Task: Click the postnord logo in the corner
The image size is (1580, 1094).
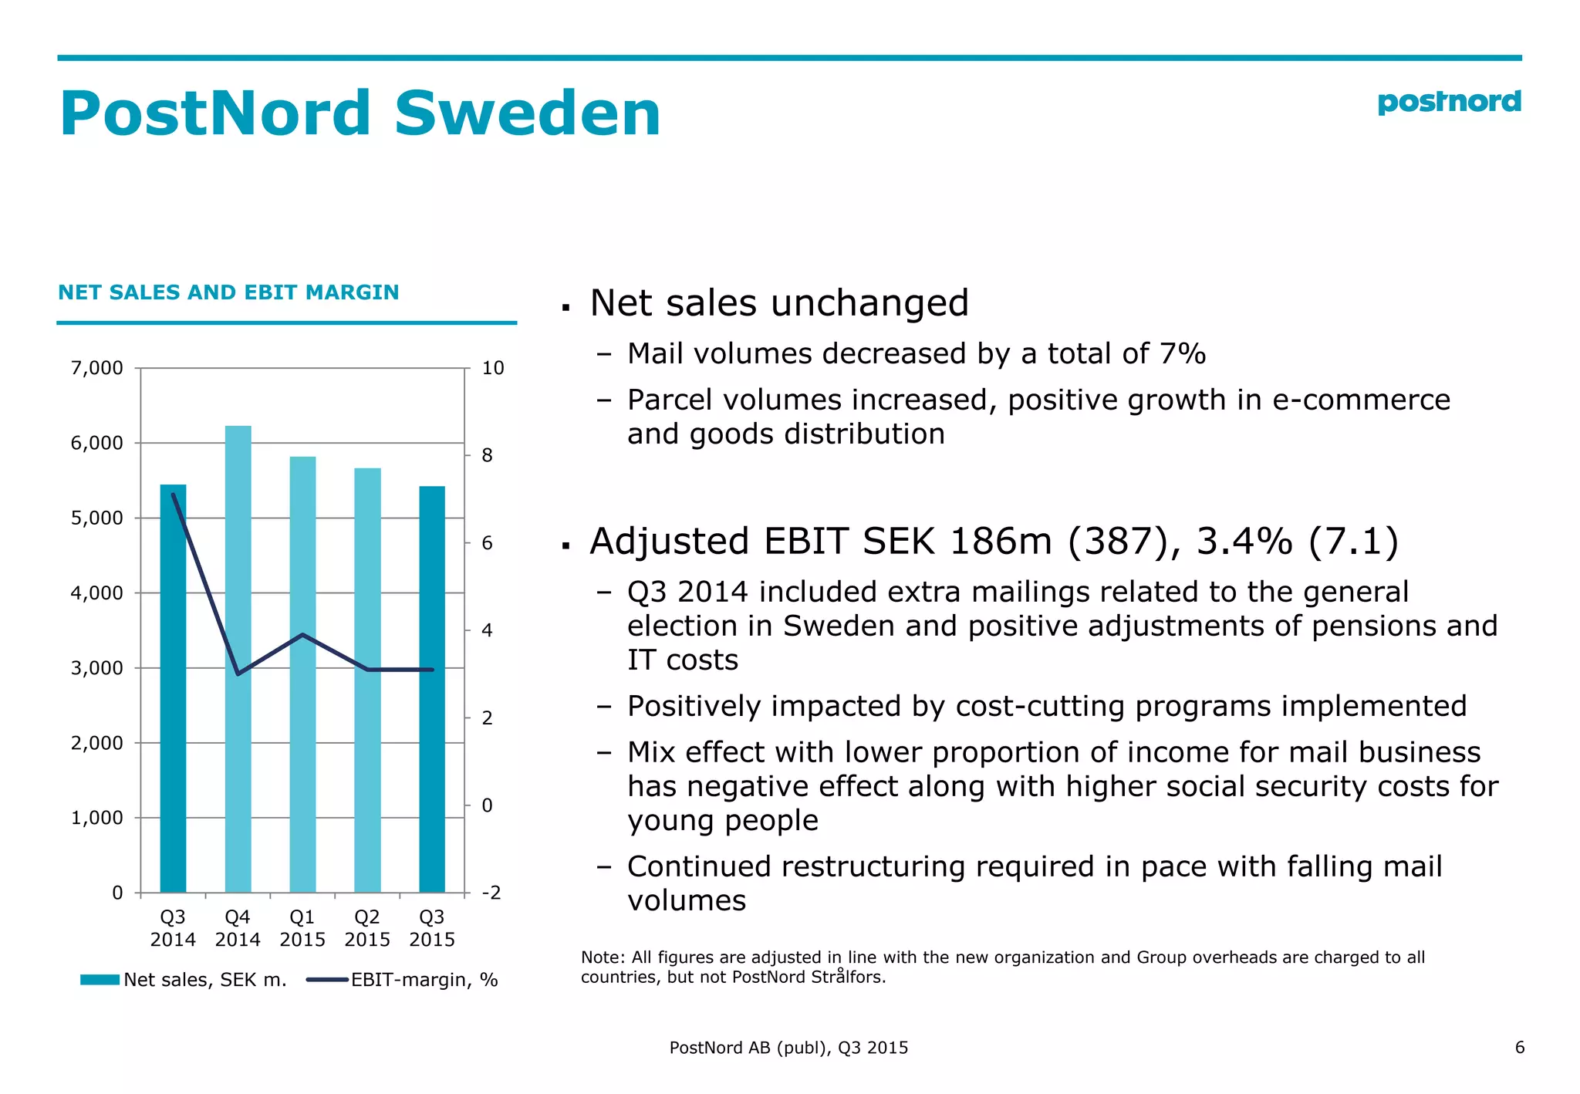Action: click(1448, 103)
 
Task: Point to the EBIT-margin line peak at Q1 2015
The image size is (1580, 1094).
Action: click(302, 635)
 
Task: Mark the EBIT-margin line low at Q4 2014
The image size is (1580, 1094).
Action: click(238, 674)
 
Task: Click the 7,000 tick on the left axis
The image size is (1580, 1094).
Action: click(96, 368)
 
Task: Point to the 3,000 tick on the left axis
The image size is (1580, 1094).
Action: click(96, 668)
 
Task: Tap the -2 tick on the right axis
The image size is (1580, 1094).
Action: click(491, 893)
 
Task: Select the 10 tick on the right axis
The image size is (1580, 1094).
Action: click(492, 368)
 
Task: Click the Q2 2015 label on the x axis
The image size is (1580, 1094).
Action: click(367, 928)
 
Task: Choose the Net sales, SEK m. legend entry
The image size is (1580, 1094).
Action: click(204, 980)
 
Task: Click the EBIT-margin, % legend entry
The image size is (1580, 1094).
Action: click(424, 980)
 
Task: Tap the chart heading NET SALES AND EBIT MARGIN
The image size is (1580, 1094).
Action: click(228, 292)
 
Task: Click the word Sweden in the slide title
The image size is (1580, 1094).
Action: click(527, 113)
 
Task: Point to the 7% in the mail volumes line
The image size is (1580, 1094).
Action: click(1182, 354)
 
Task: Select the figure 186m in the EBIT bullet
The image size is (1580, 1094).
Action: click(1001, 541)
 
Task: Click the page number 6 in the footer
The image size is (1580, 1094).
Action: click(1519, 1047)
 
